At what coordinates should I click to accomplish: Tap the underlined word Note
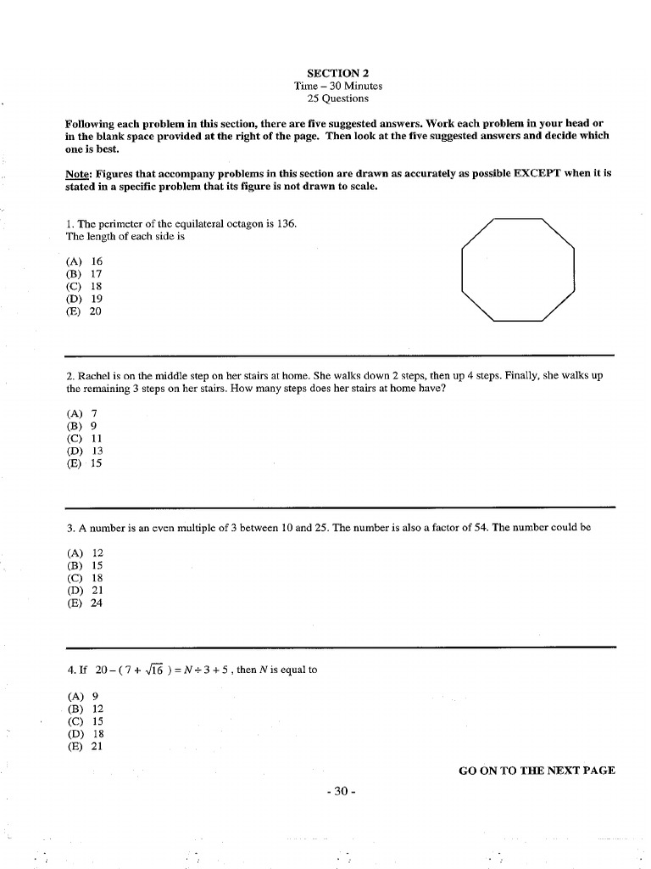[x=78, y=173]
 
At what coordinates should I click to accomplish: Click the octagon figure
[x=518, y=268]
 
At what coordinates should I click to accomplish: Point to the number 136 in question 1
[x=287, y=225]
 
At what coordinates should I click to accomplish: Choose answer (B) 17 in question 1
[x=84, y=275]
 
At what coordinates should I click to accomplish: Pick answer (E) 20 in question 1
[x=84, y=311]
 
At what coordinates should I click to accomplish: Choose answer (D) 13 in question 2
[x=84, y=451]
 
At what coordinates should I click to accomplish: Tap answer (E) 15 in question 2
[x=84, y=464]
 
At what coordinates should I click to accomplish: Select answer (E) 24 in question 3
[x=84, y=603]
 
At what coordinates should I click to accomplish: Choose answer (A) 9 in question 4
[x=82, y=697]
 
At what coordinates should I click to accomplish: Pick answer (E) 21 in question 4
[x=84, y=747]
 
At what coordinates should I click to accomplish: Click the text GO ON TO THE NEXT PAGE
[x=536, y=771]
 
